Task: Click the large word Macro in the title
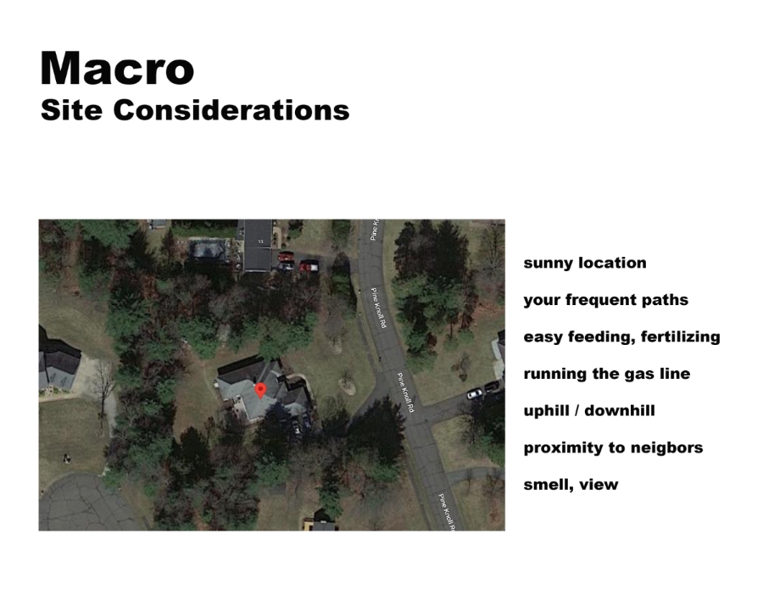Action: (x=117, y=68)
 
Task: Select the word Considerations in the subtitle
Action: (x=231, y=110)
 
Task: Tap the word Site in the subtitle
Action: (x=71, y=110)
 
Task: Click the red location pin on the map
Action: (x=261, y=391)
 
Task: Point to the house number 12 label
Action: (x=261, y=242)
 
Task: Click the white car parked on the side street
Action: (x=475, y=393)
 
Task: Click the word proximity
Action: (x=557, y=448)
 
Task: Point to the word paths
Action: (x=665, y=300)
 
